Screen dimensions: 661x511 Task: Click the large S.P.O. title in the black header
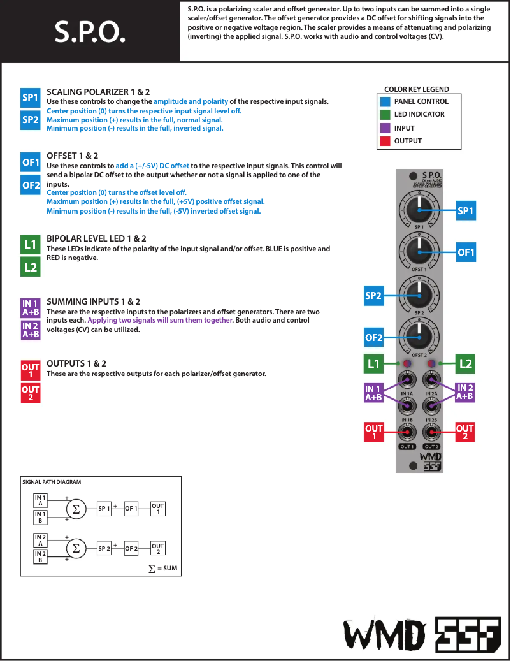click(89, 31)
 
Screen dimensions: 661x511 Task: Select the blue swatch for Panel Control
click(385, 101)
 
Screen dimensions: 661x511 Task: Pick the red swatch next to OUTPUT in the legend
click(385, 141)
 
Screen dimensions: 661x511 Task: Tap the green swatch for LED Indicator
click(385, 115)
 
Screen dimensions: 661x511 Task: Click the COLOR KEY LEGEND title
click(416, 89)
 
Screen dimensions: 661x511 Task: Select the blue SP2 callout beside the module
click(373, 296)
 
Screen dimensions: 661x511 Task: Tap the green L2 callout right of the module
click(466, 364)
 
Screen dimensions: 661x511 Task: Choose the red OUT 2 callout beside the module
click(465, 432)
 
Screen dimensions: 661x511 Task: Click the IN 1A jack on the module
click(407, 381)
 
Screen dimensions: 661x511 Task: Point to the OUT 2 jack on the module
click(431, 432)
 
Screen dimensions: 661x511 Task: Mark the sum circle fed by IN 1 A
click(76, 509)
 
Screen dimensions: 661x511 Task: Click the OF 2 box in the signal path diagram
click(131, 548)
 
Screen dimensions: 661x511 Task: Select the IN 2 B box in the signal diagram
click(41, 557)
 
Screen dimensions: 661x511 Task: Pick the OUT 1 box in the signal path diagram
click(158, 509)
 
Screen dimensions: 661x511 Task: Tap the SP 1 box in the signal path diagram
click(104, 509)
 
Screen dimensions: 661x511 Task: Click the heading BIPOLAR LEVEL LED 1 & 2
click(96, 238)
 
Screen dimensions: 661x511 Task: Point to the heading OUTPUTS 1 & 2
click(76, 363)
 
